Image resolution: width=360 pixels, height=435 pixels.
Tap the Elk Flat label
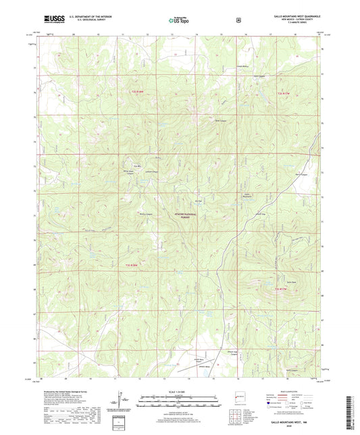point(199,201)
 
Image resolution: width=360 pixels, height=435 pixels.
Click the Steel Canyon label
point(221,121)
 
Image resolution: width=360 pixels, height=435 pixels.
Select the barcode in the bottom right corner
point(349,412)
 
